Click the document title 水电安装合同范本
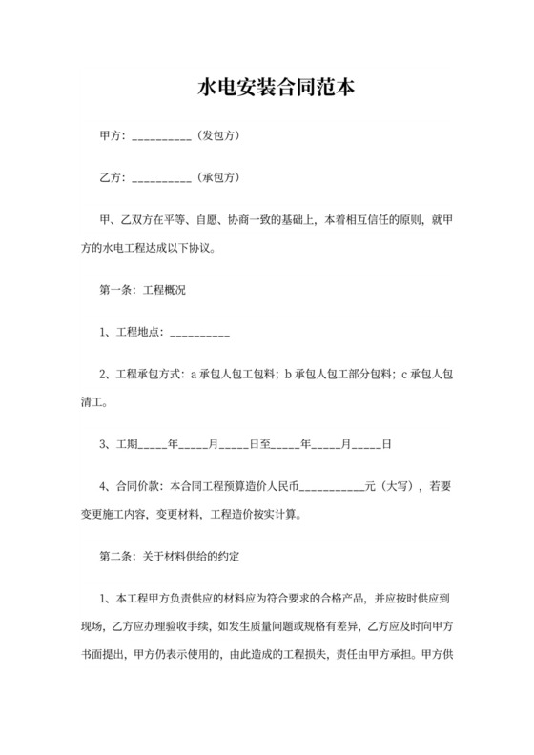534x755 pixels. (x=266, y=88)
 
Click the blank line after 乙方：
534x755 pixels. (x=161, y=179)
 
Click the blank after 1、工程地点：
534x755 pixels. (x=199, y=335)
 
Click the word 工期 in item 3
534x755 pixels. (x=129, y=444)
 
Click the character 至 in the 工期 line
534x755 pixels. (x=266, y=444)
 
